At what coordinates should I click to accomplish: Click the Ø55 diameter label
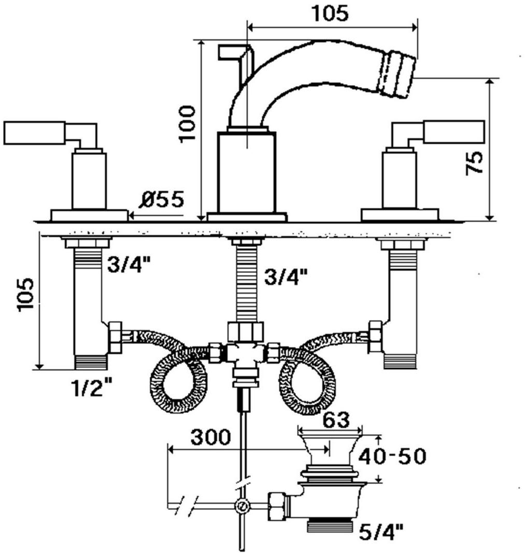click(161, 199)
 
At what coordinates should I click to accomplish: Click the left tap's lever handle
click(34, 133)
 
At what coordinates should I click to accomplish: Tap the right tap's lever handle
click(453, 132)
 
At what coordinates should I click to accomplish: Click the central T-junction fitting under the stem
click(245, 352)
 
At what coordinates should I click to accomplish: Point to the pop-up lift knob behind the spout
click(234, 51)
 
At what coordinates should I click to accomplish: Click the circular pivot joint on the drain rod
click(241, 506)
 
